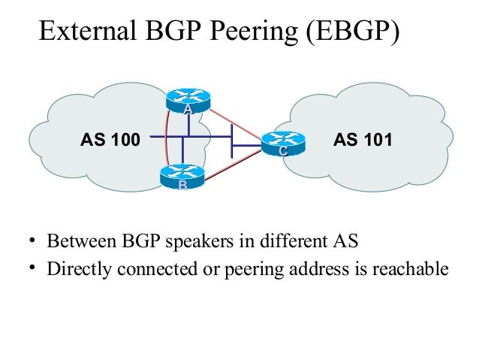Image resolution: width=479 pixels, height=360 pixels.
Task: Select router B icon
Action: click(180, 177)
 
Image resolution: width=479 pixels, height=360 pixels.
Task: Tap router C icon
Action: click(282, 144)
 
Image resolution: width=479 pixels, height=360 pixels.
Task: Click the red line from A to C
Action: click(238, 123)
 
